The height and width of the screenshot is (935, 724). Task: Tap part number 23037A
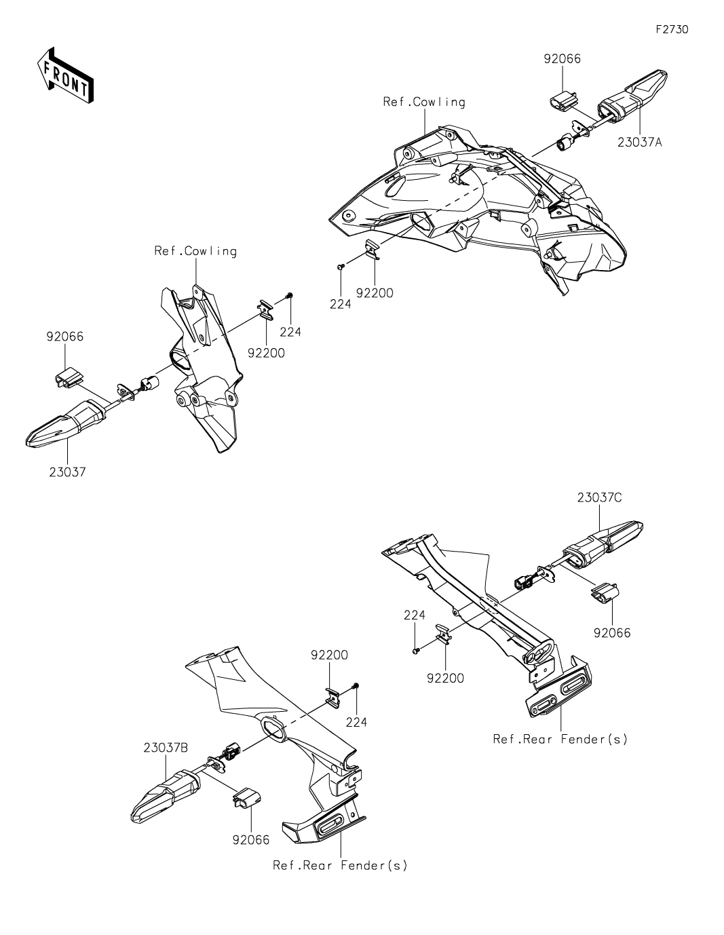pyautogui.click(x=639, y=142)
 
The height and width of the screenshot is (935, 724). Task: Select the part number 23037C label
pyautogui.click(x=600, y=497)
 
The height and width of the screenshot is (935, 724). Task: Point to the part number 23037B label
pyautogui.click(x=166, y=748)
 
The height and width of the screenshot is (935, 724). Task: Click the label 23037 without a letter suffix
pyautogui.click(x=67, y=472)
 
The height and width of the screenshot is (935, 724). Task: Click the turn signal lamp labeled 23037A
pyautogui.click(x=630, y=98)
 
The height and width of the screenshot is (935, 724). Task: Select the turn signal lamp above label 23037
pyautogui.click(x=64, y=425)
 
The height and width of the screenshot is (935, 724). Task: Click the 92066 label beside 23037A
pyautogui.click(x=562, y=58)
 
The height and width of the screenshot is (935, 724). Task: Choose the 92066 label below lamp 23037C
pyautogui.click(x=612, y=633)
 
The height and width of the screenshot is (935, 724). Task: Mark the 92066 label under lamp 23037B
pyautogui.click(x=250, y=839)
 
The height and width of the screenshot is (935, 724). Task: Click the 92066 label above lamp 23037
pyautogui.click(x=65, y=337)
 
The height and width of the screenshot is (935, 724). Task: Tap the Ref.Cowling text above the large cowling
pyautogui.click(x=424, y=102)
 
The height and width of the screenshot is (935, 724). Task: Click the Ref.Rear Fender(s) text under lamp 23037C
pyautogui.click(x=560, y=739)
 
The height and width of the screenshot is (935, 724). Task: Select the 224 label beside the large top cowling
pyautogui.click(x=340, y=305)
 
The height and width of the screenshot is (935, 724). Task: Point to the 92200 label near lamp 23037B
pyautogui.click(x=329, y=655)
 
